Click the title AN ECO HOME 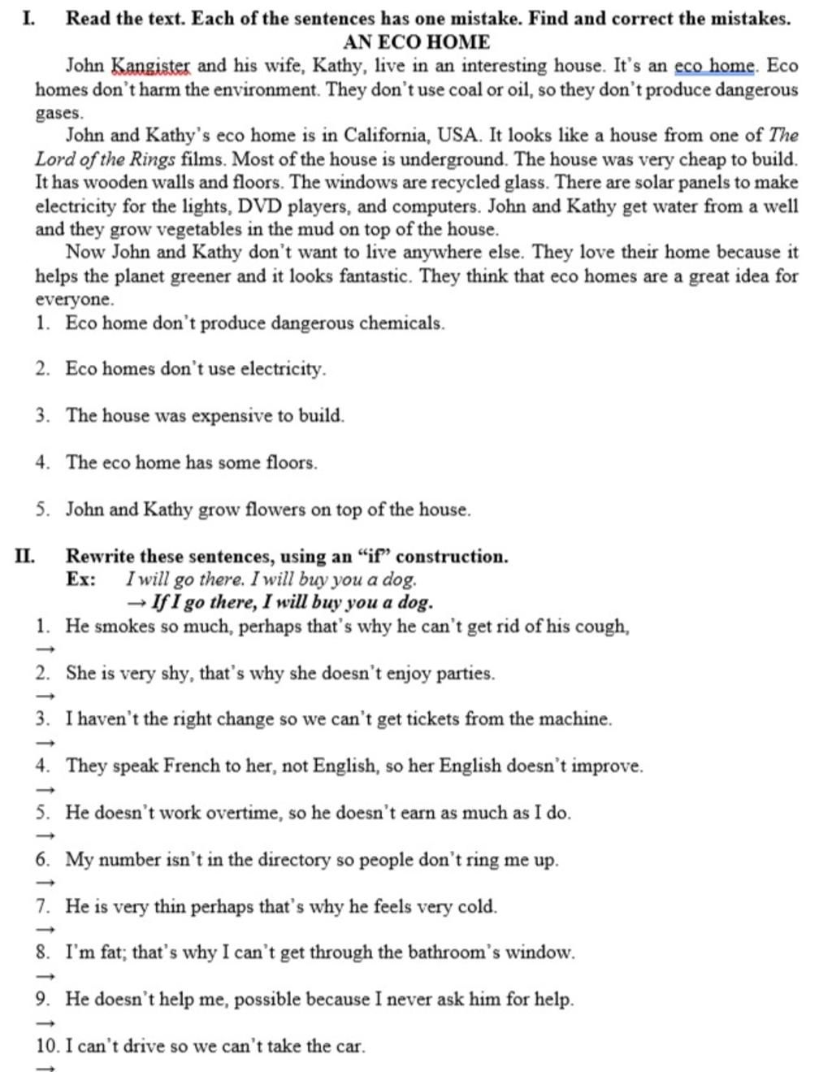click(416, 41)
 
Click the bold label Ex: click(81, 579)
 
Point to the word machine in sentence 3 click(580, 718)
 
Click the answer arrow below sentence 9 click(46, 1022)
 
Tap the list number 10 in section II click(47, 1046)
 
